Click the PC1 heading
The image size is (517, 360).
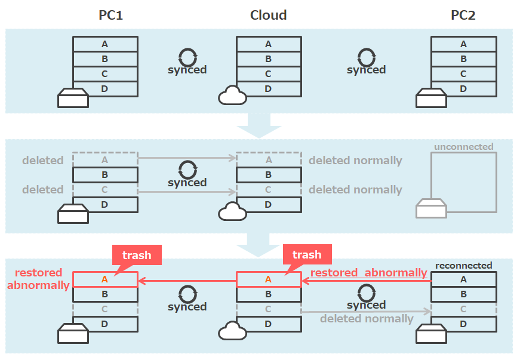tap(110, 16)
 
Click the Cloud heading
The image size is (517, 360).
tap(268, 16)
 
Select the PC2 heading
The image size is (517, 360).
tap(463, 16)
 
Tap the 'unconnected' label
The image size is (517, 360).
tap(464, 146)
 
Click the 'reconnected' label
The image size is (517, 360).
tap(464, 265)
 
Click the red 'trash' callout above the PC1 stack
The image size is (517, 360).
tap(137, 255)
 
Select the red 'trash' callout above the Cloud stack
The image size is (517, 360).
tap(307, 255)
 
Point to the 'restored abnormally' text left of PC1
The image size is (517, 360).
tap(38, 279)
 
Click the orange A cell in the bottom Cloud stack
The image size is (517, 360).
tap(268, 279)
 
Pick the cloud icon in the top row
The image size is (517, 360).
tap(233, 96)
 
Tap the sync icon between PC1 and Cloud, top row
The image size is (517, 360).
tap(187, 57)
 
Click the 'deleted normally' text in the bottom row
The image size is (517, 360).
tap(367, 318)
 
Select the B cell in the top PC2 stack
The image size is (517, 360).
tap(463, 59)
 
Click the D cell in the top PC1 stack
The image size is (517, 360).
tap(105, 89)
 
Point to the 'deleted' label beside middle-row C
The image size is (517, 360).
tap(43, 190)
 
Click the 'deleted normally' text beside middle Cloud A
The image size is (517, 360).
tap(355, 160)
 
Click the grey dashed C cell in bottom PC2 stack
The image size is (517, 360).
tap(463, 309)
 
